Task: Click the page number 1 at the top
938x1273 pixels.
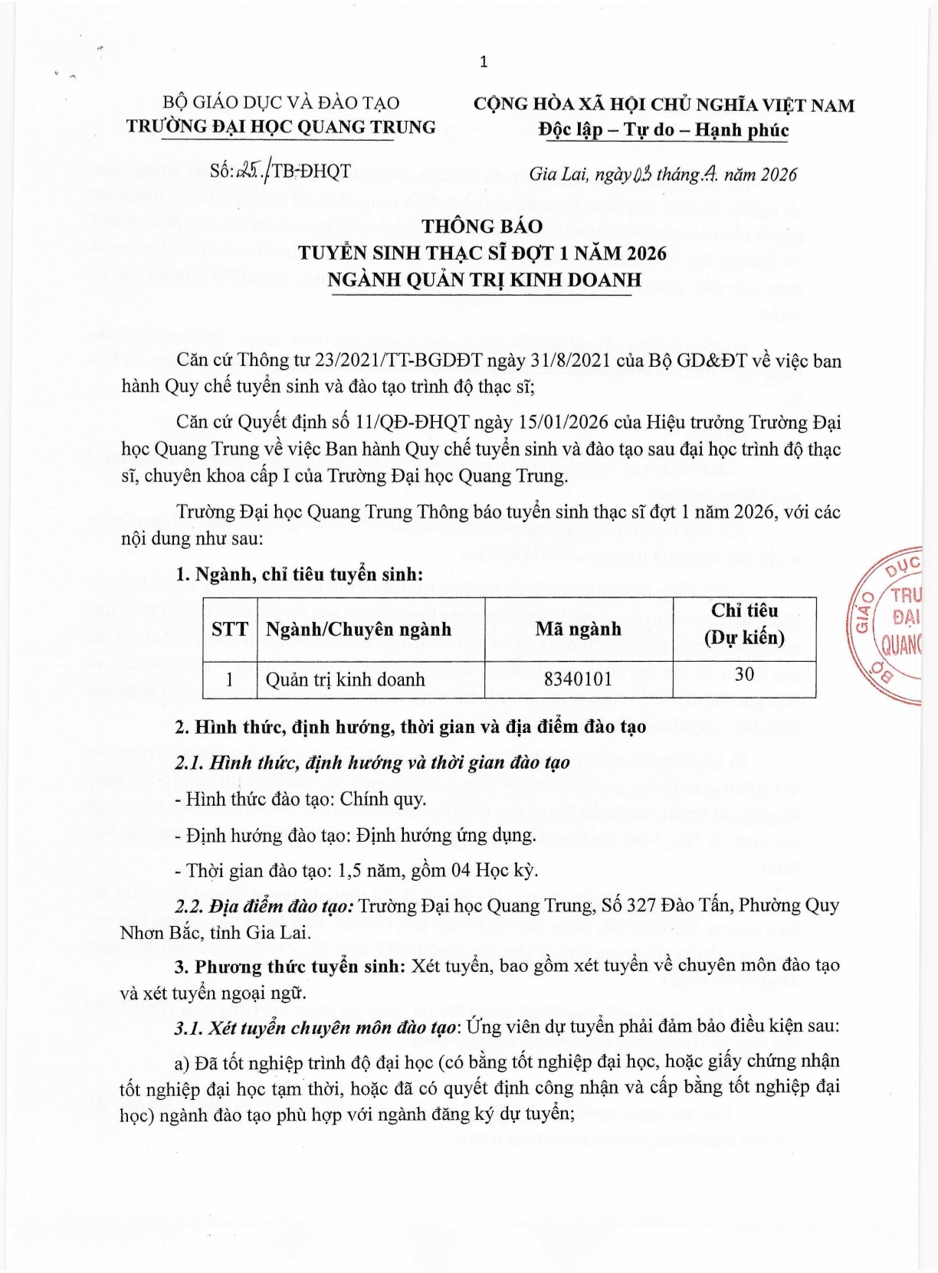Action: point(484,62)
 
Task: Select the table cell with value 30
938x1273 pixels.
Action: point(744,674)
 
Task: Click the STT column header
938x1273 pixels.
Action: point(230,630)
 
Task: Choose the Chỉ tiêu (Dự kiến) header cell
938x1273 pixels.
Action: point(744,623)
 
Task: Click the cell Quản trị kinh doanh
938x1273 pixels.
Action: point(345,679)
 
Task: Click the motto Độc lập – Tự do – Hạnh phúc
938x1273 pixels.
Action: point(663,129)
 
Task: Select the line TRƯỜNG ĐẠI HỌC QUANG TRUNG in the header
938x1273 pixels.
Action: point(281,126)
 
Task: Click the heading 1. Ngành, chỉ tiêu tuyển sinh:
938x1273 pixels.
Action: point(299,574)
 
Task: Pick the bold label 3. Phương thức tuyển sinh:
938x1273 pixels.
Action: point(290,966)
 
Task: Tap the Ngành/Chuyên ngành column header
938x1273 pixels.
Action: point(359,630)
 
